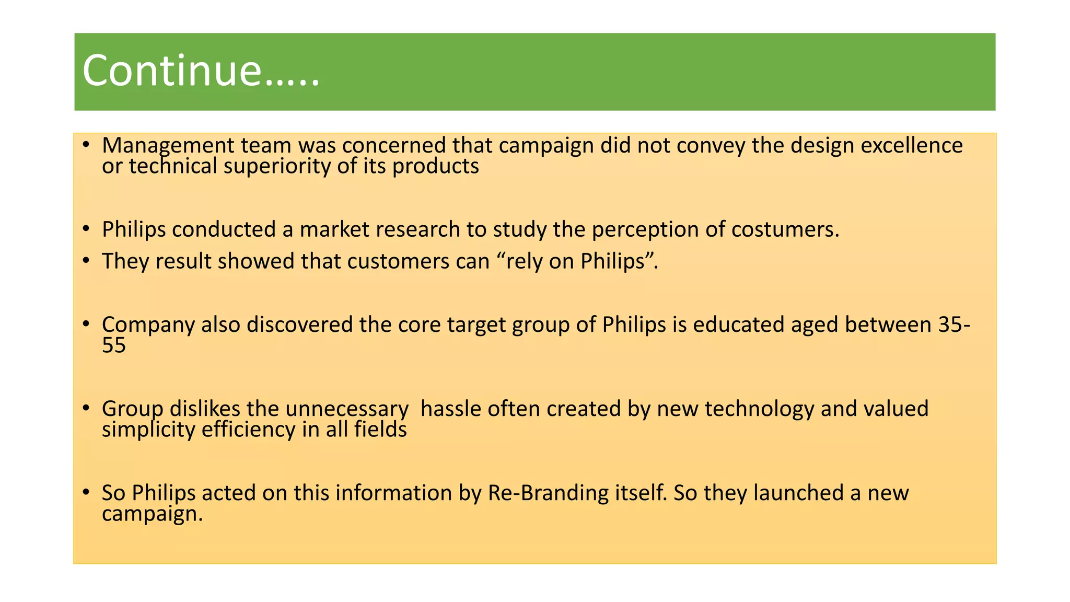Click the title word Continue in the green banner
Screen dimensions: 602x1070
[x=171, y=71]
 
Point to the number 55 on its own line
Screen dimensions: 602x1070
[x=114, y=345]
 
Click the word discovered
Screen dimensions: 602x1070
[x=299, y=325]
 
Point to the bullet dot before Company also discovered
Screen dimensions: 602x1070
[x=86, y=323]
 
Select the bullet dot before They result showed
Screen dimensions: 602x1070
[x=86, y=260]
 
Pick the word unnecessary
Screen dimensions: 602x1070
[x=347, y=409]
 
